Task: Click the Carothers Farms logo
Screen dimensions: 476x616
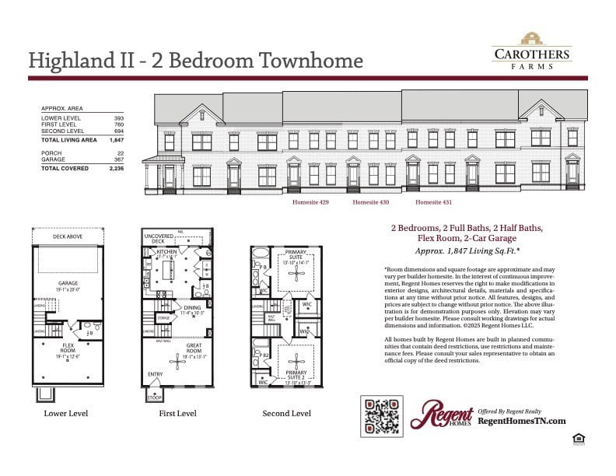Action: (x=532, y=50)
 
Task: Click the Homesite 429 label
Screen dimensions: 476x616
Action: (x=310, y=202)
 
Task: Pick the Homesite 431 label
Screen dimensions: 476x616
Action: (x=433, y=202)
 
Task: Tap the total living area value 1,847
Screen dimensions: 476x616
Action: (x=117, y=140)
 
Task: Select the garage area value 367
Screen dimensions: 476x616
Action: (x=119, y=159)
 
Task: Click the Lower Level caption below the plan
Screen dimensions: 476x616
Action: (x=66, y=413)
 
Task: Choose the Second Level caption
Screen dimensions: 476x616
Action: (x=286, y=413)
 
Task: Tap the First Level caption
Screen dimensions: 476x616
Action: (x=177, y=413)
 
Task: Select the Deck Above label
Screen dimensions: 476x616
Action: (x=67, y=236)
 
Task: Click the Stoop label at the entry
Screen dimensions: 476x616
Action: (x=155, y=397)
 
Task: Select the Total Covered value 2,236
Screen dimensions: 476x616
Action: (x=117, y=168)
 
